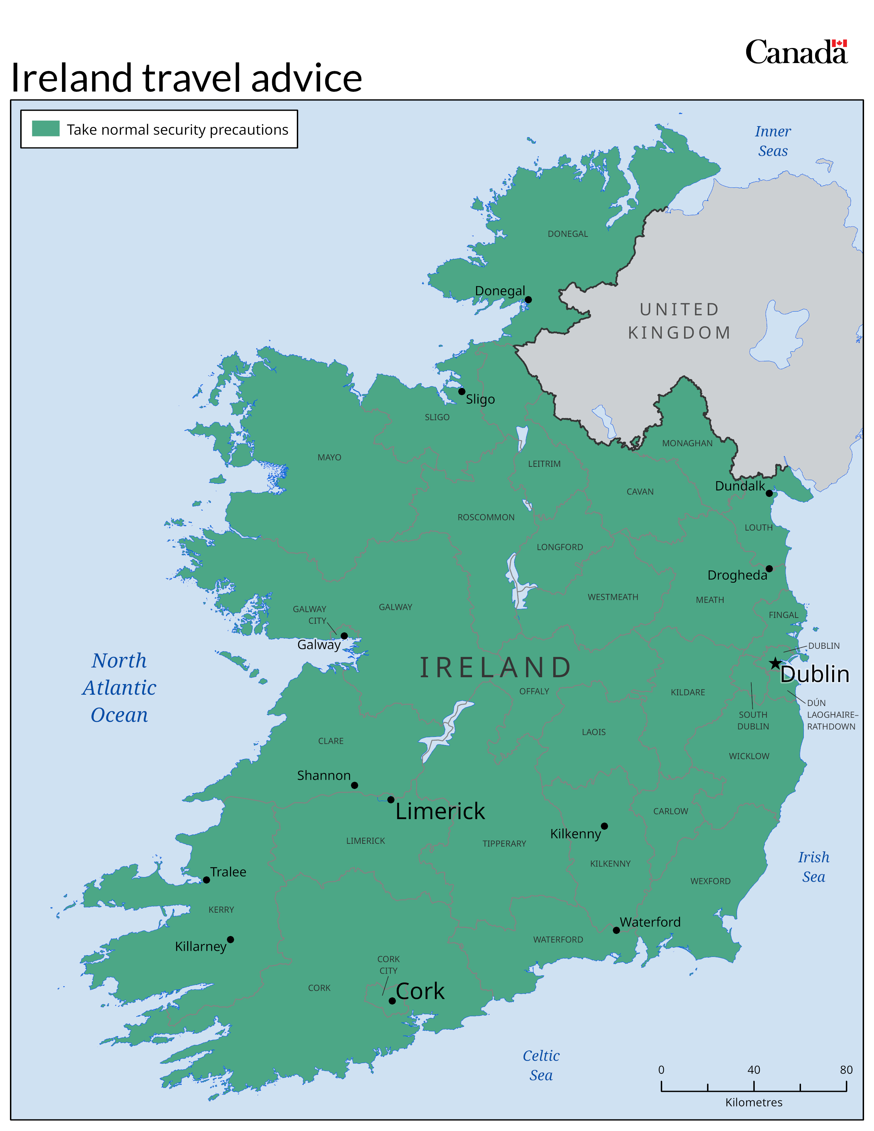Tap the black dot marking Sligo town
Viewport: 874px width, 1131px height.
462,391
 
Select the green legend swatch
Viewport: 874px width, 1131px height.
46,129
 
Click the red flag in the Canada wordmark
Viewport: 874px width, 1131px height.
839,44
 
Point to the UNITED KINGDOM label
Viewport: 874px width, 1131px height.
679,321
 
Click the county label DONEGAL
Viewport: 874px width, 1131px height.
568,234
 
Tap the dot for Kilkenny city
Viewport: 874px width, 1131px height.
604,826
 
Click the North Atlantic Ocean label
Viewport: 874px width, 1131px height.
119,688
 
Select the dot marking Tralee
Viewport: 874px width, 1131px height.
207,880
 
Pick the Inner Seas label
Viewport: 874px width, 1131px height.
773,141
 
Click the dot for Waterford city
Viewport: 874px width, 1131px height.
616,931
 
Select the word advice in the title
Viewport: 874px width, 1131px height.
306,79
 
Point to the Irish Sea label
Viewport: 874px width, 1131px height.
813,867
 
